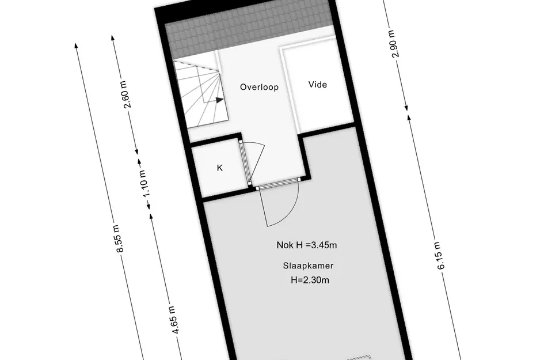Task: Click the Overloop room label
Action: pyautogui.click(x=259, y=87)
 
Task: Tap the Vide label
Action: pyautogui.click(x=317, y=84)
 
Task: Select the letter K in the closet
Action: pyautogui.click(x=219, y=168)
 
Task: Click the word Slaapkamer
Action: pyautogui.click(x=308, y=266)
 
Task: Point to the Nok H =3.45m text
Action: pyautogui.click(x=307, y=245)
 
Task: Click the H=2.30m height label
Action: pyautogui.click(x=310, y=280)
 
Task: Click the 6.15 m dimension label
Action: pyautogui.click(x=439, y=256)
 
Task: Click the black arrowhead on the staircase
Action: pyautogui.click(x=219, y=100)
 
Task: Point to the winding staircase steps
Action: pyautogui.click(x=201, y=94)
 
